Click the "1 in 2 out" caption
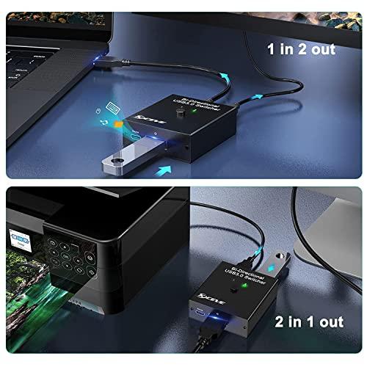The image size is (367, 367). [x=300, y=49]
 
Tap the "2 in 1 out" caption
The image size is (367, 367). [x=308, y=320]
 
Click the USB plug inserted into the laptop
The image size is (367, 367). [x=110, y=65]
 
